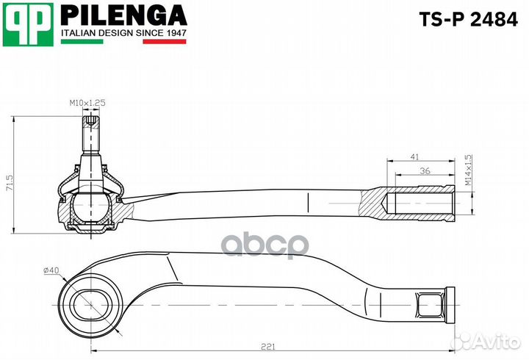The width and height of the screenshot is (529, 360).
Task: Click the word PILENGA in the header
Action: tap(123, 15)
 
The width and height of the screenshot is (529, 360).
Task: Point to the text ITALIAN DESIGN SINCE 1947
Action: tap(123, 33)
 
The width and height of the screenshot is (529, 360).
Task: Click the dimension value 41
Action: tap(415, 157)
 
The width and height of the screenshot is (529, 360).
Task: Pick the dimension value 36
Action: tap(424, 170)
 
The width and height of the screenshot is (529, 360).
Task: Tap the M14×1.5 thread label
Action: tap(468, 170)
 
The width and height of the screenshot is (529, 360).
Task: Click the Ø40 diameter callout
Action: tap(51, 270)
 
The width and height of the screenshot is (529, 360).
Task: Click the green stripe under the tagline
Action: tap(82, 42)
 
